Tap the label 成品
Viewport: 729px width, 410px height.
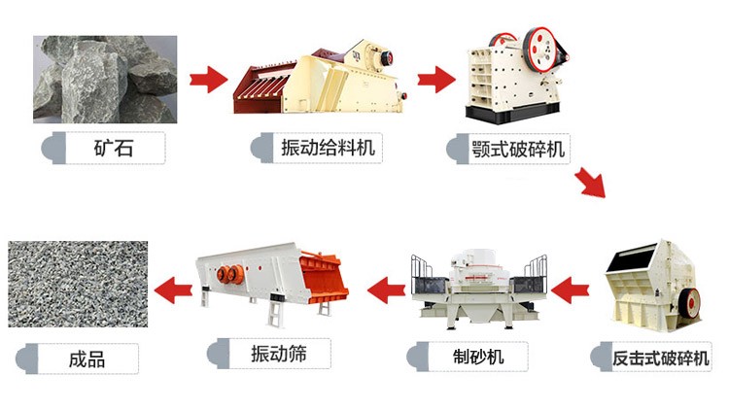[87, 359]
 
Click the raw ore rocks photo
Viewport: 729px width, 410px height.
[104, 79]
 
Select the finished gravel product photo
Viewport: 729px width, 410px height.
[78, 284]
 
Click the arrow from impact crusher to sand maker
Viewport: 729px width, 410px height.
[572, 289]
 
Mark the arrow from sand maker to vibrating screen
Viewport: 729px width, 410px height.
[384, 289]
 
